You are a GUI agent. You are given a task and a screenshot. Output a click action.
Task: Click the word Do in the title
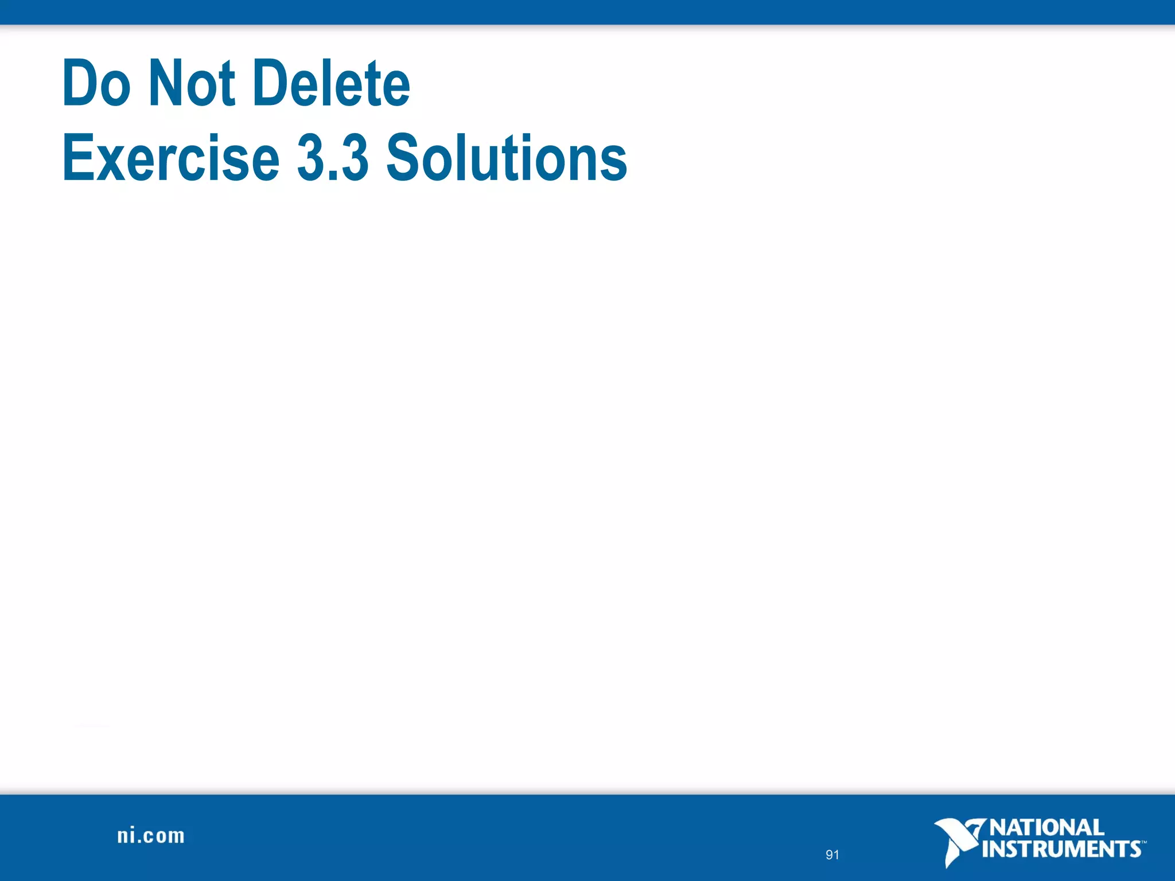click(96, 84)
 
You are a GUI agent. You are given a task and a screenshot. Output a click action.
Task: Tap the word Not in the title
click(192, 84)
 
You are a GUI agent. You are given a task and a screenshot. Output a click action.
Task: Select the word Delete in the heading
click(331, 84)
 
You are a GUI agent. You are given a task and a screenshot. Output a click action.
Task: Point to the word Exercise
click(170, 157)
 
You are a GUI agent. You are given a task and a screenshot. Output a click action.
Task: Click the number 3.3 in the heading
click(333, 157)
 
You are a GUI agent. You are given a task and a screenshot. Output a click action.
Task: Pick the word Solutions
click(507, 157)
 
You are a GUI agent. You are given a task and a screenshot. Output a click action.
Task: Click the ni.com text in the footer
click(151, 836)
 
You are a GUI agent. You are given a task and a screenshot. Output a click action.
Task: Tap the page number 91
click(832, 855)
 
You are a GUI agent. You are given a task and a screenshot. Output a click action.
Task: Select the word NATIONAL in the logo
click(1046, 828)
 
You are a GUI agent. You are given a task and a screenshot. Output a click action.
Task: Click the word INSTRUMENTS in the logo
click(1061, 849)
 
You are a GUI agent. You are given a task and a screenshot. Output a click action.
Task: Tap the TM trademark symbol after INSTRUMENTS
click(1143, 842)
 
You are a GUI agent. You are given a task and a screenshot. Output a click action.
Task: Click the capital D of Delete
click(271, 84)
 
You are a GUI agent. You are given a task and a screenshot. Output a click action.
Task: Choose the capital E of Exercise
click(77, 157)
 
